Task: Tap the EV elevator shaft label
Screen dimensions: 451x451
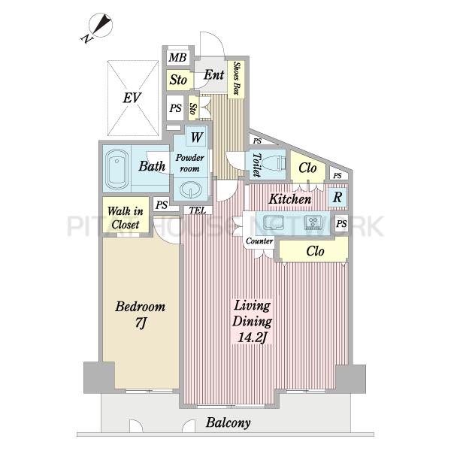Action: click(132, 98)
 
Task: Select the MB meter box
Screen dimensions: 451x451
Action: click(177, 58)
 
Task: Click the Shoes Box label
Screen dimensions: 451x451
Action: click(237, 78)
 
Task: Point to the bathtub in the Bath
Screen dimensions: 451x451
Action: click(117, 168)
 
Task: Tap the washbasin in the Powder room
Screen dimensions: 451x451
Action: click(190, 189)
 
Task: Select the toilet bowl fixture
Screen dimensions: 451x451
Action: click(274, 164)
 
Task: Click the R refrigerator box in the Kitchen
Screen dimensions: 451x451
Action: click(337, 198)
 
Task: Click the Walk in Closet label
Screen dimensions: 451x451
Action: click(126, 218)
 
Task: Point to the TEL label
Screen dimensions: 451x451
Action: click(198, 210)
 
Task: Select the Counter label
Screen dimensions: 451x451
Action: click(259, 241)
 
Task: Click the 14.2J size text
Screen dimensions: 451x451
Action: click(251, 337)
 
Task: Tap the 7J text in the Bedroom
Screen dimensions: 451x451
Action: click(141, 323)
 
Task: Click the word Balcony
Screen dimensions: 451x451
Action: click(228, 422)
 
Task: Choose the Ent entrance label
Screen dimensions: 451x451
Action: click(214, 74)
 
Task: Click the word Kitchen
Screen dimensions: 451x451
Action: click(290, 199)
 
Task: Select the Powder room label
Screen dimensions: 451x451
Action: click(190, 163)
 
